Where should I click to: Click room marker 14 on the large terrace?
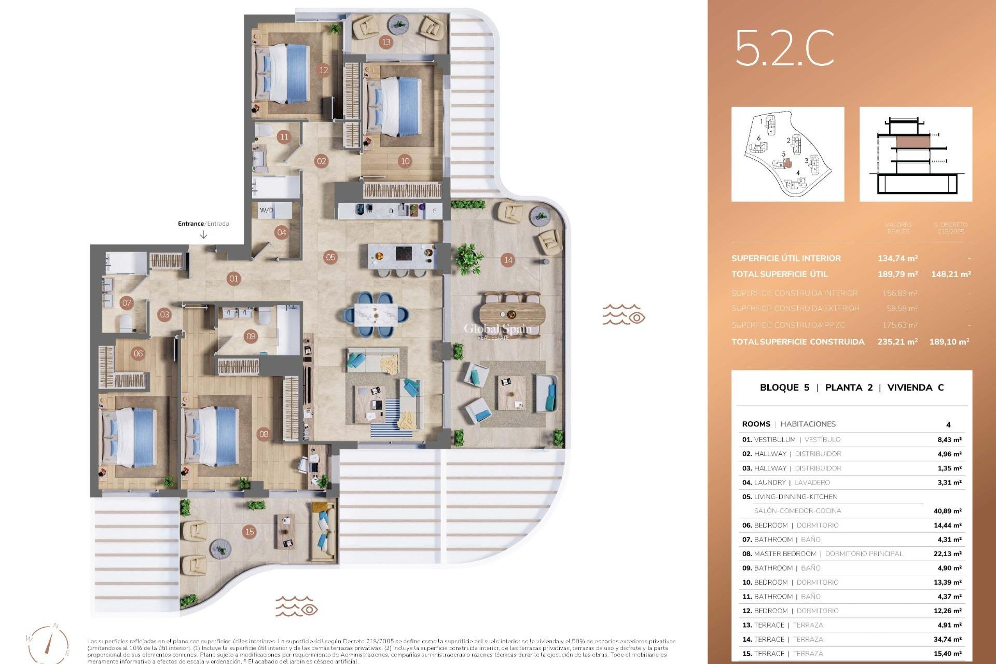tap(508, 260)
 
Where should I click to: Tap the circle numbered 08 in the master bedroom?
tap(264, 434)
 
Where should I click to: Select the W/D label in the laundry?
tap(267, 210)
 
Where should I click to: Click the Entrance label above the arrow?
tap(191, 224)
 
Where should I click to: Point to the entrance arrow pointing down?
tap(204, 235)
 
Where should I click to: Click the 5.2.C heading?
tap(784, 48)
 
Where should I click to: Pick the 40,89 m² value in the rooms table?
tap(947, 511)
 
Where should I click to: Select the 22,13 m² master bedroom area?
tap(947, 554)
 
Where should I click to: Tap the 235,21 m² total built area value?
tap(897, 341)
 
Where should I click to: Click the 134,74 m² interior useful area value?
tap(897, 258)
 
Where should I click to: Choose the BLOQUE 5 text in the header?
tap(784, 388)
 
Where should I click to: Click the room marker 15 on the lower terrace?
tap(250, 531)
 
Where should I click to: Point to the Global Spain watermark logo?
tap(497, 330)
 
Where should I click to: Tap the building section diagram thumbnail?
tap(916, 154)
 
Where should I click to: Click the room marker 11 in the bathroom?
tap(283, 137)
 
